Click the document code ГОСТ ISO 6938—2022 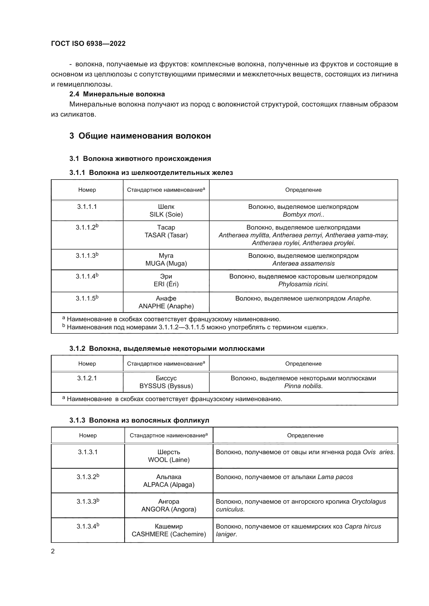[x=88, y=44]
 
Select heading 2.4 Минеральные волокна [x=117, y=94]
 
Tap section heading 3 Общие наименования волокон [x=140, y=136]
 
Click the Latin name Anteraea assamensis [x=303, y=263]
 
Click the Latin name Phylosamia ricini [x=303, y=284]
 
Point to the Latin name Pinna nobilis [x=303, y=386]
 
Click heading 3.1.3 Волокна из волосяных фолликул [x=139, y=420]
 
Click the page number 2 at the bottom [x=53, y=551]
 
